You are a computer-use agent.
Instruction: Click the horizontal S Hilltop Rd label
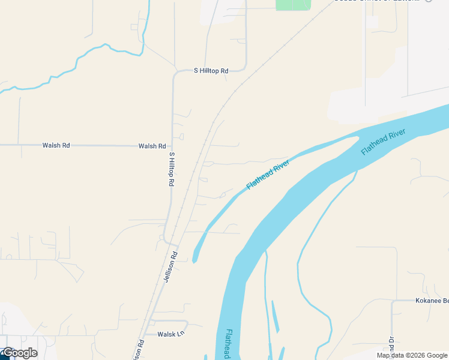211,71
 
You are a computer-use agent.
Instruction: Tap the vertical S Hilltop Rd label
172,169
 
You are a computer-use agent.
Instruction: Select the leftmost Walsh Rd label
56,145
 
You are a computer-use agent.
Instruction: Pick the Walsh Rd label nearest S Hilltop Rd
152,146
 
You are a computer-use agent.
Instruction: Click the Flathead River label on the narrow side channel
268,175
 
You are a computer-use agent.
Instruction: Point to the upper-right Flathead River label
384,142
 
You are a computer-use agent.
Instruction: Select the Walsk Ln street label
170,334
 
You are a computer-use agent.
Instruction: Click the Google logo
20,353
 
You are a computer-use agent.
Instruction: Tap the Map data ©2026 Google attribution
412,355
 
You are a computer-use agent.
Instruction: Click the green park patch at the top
293,4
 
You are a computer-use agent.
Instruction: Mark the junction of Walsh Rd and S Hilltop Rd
172,146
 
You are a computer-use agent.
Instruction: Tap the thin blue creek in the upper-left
78,60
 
